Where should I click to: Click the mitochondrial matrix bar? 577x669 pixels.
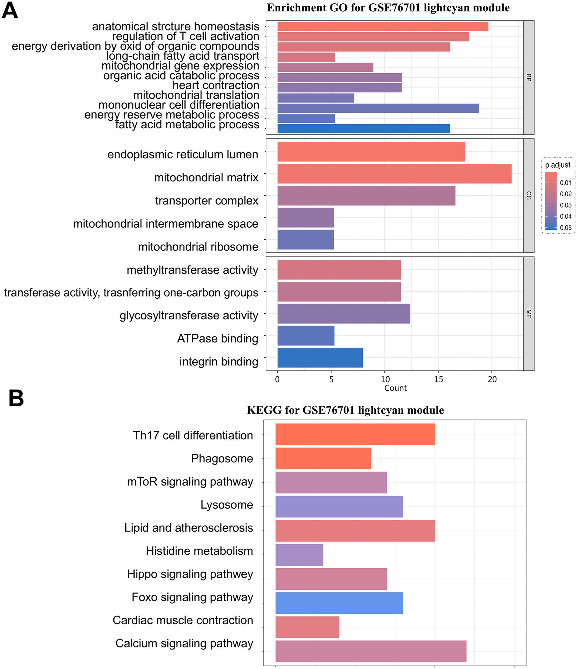click(394, 174)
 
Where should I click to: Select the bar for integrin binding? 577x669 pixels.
click(320, 358)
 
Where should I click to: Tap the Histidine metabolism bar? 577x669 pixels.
click(299, 555)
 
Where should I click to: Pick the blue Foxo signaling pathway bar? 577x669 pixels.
click(339, 603)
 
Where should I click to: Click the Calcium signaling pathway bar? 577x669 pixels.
click(370, 651)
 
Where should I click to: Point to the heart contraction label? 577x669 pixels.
click(215, 85)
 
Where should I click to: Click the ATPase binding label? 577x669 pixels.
click(217, 338)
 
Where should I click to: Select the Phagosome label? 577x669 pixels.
click(222, 458)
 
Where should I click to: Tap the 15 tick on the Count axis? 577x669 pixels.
click(438, 379)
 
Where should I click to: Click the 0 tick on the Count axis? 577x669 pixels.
click(277, 379)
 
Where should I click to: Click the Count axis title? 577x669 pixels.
click(395, 388)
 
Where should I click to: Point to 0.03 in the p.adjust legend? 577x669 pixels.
click(565, 205)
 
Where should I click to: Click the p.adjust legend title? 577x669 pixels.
click(557, 165)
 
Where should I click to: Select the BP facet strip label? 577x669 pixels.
click(528, 77)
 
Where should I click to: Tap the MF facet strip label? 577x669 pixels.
click(528, 314)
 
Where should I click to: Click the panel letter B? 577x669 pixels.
click(16, 398)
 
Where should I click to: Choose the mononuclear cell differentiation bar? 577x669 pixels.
click(377, 108)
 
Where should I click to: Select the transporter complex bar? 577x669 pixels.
click(366, 196)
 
